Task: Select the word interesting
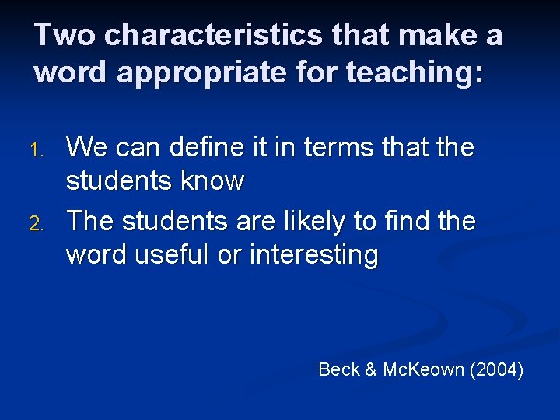pos(314,256)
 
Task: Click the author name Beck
pos(339,369)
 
